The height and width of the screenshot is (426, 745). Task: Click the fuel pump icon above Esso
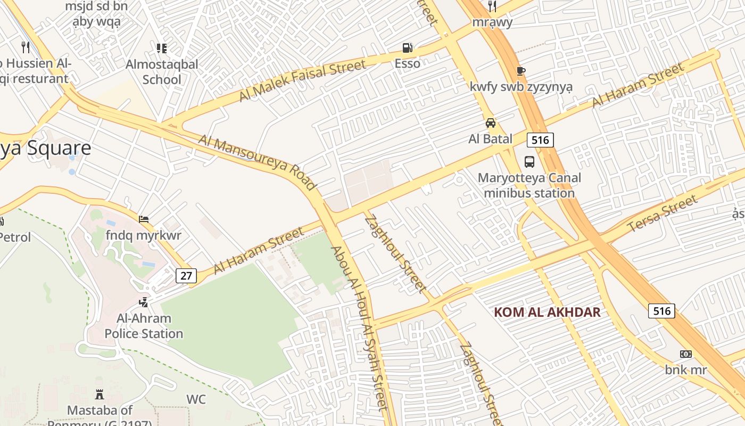pyautogui.click(x=407, y=48)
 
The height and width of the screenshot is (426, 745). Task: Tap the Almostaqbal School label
pyautogui.click(x=162, y=72)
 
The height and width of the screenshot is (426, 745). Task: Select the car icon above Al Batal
pyautogui.click(x=491, y=123)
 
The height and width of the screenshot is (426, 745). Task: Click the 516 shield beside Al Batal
pyautogui.click(x=540, y=140)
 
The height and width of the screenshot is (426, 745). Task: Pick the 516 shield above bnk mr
pyautogui.click(x=661, y=310)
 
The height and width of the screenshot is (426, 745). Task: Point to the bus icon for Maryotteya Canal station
pyautogui.click(x=529, y=162)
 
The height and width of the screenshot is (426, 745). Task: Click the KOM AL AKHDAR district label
pyautogui.click(x=547, y=312)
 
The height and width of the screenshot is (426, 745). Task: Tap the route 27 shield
pyautogui.click(x=186, y=276)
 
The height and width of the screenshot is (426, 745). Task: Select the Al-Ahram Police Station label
pyautogui.click(x=144, y=326)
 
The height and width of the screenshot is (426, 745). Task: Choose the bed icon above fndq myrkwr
pyautogui.click(x=143, y=219)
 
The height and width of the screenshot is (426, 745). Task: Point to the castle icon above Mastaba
pyautogui.click(x=99, y=395)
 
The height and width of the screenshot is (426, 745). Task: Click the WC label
pyautogui.click(x=196, y=399)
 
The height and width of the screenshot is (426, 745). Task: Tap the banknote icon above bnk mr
pyautogui.click(x=686, y=354)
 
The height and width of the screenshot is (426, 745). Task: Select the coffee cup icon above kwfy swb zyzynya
pyautogui.click(x=520, y=71)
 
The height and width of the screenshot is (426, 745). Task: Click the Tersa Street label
pyautogui.click(x=663, y=214)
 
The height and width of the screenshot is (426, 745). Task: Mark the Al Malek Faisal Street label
pyautogui.click(x=302, y=80)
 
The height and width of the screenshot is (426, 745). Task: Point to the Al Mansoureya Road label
pyautogui.click(x=257, y=161)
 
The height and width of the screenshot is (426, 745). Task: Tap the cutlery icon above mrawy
pyautogui.click(x=492, y=6)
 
